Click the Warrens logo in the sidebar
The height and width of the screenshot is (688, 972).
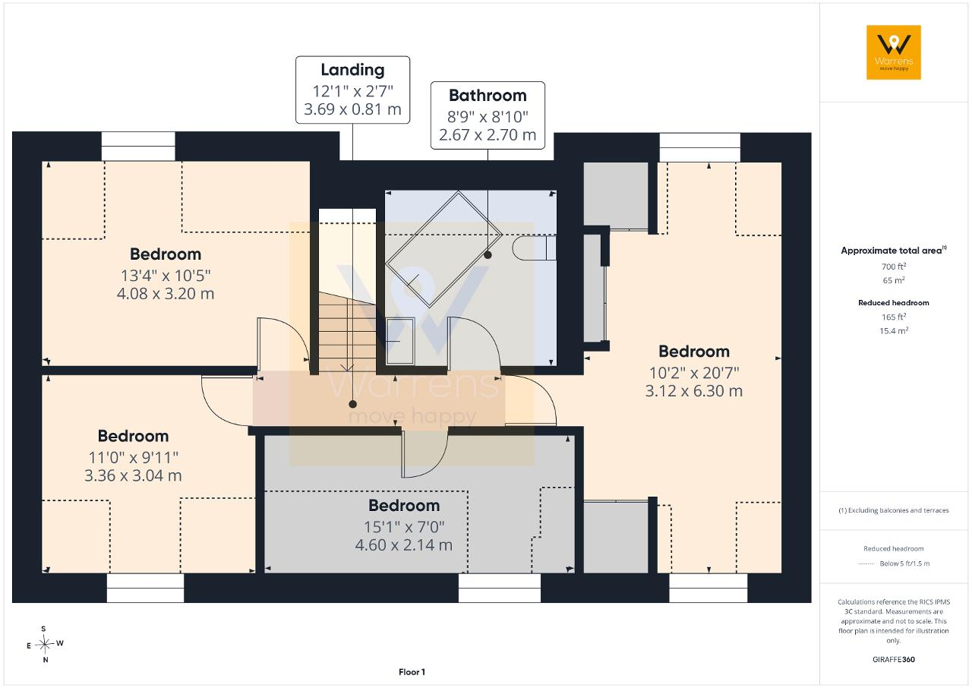pyautogui.click(x=894, y=52)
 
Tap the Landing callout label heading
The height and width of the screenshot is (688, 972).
pyautogui.click(x=352, y=71)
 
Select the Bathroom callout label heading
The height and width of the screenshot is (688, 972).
pyautogui.click(x=488, y=96)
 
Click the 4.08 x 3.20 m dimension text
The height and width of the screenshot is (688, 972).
pyautogui.click(x=166, y=294)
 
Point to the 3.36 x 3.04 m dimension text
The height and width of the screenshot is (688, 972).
pyautogui.click(x=133, y=475)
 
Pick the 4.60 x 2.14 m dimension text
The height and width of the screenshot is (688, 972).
pyautogui.click(x=403, y=544)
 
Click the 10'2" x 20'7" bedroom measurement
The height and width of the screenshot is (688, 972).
pyautogui.click(x=694, y=373)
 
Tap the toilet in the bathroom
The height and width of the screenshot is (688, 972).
pyautogui.click(x=534, y=248)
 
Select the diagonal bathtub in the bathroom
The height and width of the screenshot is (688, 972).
pyautogui.click(x=443, y=249)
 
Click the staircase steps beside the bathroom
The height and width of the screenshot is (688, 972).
pyautogui.click(x=347, y=332)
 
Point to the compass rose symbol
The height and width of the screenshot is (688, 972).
pyautogui.click(x=44, y=644)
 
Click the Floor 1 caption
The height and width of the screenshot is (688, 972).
pyautogui.click(x=412, y=672)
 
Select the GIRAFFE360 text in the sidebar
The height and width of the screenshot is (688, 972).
pyautogui.click(x=894, y=659)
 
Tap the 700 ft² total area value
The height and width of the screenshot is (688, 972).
pyautogui.click(x=894, y=267)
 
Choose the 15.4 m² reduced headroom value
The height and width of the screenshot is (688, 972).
pyautogui.click(x=894, y=330)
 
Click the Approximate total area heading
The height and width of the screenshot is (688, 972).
pyautogui.click(x=894, y=251)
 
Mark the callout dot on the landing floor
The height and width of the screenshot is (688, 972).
pyautogui.click(x=353, y=404)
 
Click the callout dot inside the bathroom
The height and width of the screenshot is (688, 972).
pyautogui.click(x=488, y=255)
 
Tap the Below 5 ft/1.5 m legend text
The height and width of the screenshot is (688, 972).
pyautogui.click(x=904, y=563)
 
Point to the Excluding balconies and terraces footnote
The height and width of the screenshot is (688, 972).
pyautogui.click(x=894, y=510)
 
